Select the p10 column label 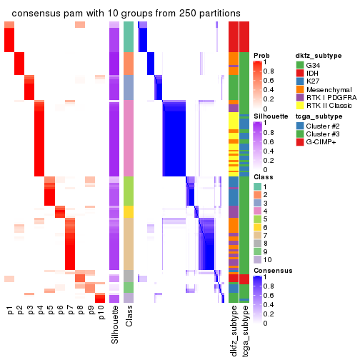[x=101, y=315]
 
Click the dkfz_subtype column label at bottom [x=234, y=331]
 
